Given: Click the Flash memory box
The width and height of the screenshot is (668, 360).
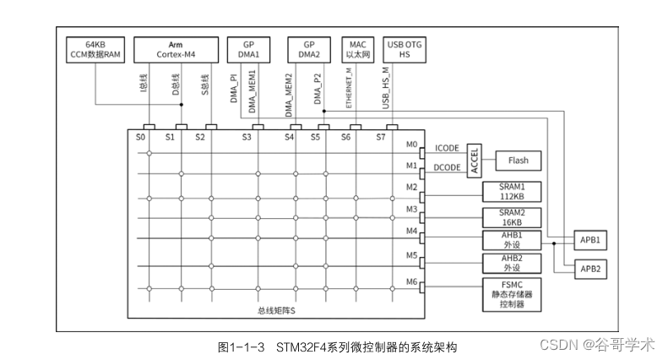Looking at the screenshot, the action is (x=518, y=159).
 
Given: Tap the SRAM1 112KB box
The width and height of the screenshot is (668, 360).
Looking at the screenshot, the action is (x=511, y=191).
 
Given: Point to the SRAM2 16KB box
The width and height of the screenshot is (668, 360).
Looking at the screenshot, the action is (x=511, y=215).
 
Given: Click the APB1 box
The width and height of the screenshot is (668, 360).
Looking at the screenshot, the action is (x=589, y=239).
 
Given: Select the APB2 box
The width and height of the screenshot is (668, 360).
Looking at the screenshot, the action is (x=589, y=268).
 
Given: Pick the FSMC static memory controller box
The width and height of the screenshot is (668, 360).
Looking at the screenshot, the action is (x=511, y=292).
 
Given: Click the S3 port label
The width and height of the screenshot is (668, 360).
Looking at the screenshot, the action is (x=246, y=136).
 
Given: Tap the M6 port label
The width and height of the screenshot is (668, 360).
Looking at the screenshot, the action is (x=411, y=281).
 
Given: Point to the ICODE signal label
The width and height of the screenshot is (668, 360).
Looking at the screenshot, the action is (x=447, y=149).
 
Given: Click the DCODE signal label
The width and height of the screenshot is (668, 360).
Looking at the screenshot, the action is (x=447, y=168).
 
